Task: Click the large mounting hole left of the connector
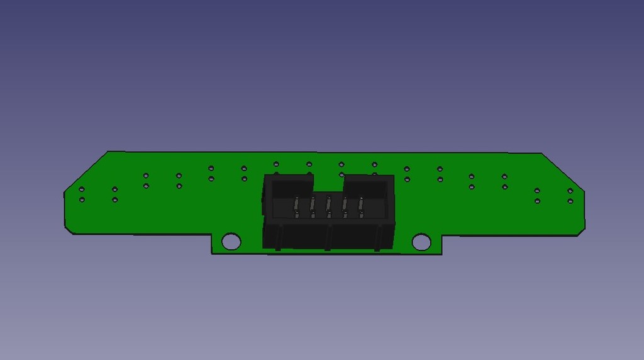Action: pyautogui.click(x=231, y=241)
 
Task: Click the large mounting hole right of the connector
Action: pyautogui.click(x=421, y=242)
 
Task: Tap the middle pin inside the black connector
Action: pyautogui.click(x=328, y=206)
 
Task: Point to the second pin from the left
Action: pyautogui.click(x=311, y=206)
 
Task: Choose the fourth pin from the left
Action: pyautogui.click(x=345, y=206)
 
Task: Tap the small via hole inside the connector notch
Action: pyautogui.click(x=341, y=174)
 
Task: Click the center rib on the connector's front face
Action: pyautogui.click(x=327, y=237)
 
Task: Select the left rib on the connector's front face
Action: pyautogui.click(x=278, y=237)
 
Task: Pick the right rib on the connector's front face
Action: pyautogui.click(x=377, y=237)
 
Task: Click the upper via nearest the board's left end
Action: pyautogui.click(x=82, y=189)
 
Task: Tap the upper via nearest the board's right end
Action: pyautogui.click(x=570, y=191)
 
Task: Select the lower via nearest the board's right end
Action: pyautogui.click(x=570, y=201)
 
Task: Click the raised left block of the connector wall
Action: pyautogui.click(x=289, y=183)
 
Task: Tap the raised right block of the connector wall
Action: pyautogui.click(x=368, y=183)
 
